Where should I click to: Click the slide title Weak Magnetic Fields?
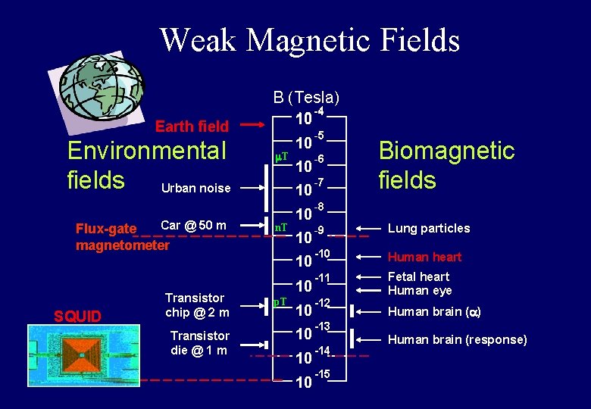point(309,39)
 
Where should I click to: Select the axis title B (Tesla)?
point(306,97)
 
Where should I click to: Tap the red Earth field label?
point(191,126)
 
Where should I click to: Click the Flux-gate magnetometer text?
point(121,237)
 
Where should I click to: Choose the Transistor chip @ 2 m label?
point(196,304)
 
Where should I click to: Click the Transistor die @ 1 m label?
point(199,342)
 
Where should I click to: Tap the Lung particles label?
point(428,228)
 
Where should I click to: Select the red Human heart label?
point(424,257)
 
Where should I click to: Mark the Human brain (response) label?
point(457,339)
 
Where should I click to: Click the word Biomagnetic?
point(446,151)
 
